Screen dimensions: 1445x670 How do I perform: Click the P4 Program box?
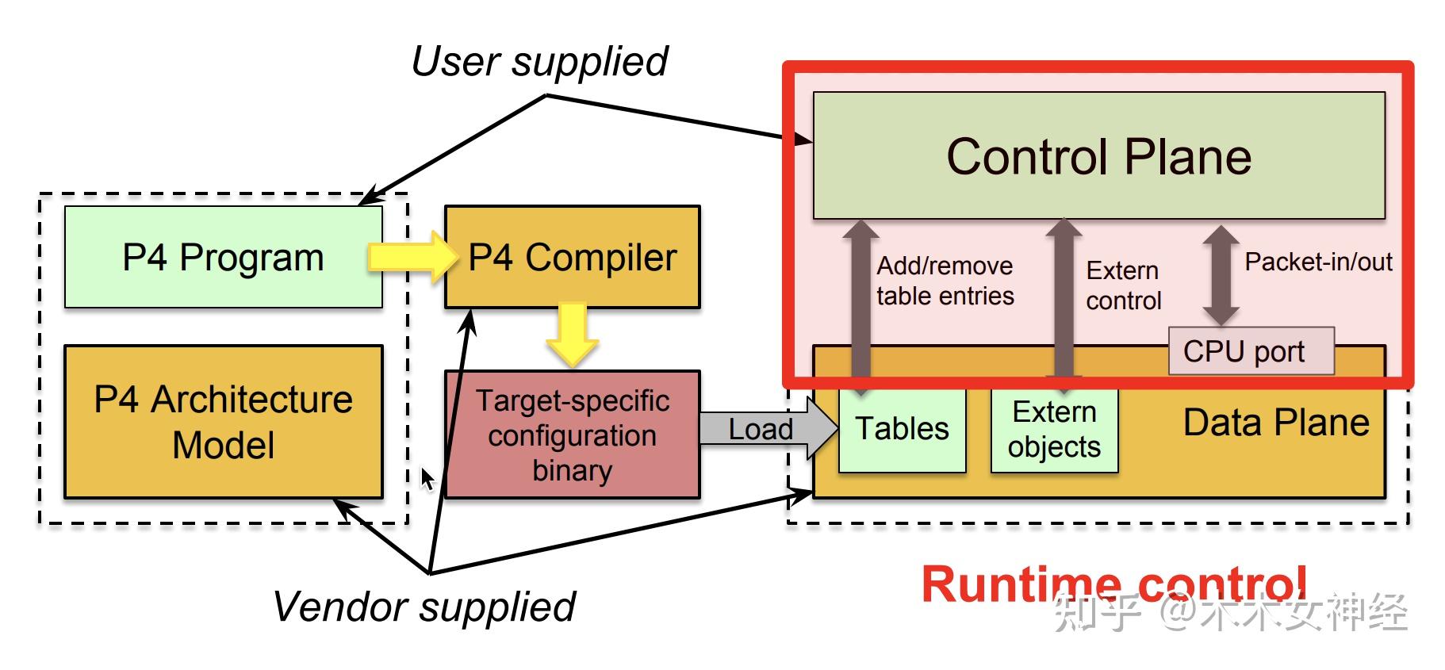[x=223, y=257]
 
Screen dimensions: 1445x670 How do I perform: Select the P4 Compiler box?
[x=572, y=257]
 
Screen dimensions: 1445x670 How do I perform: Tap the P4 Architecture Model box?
[x=223, y=422]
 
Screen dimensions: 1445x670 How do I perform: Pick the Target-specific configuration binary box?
[x=572, y=435]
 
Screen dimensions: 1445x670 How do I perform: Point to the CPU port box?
[x=1251, y=350]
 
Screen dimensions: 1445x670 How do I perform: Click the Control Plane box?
[x=1098, y=155]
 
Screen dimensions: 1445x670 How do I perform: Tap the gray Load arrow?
[x=768, y=428]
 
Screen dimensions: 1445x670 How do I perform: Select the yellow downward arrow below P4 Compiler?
[x=572, y=334]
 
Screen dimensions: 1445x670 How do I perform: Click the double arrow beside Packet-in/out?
[x=1221, y=275]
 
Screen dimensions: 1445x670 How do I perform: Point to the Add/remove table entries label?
[x=945, y=281]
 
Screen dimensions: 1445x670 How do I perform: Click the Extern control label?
[x=1123, y=285]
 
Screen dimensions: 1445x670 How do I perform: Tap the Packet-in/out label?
[x=1318, y=262]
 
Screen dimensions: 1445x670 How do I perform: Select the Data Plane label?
[x=1276, y=423]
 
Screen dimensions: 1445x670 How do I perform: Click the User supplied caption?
[x=539, y=62]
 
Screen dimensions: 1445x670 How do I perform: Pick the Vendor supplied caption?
[x=424, y=607]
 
